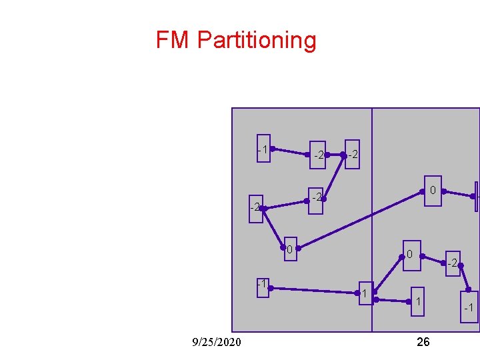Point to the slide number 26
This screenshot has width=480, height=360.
tap(423, 342)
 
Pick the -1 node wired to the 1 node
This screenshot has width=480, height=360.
tap(263, 287)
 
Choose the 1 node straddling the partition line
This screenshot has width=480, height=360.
tap(365, 294)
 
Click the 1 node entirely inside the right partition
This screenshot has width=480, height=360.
tap(417, 302)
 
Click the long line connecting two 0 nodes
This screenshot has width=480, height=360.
tap(360, 221)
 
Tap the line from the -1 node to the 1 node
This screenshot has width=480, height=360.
tap(313, 291)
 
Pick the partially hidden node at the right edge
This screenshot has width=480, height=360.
tap(477, 197)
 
